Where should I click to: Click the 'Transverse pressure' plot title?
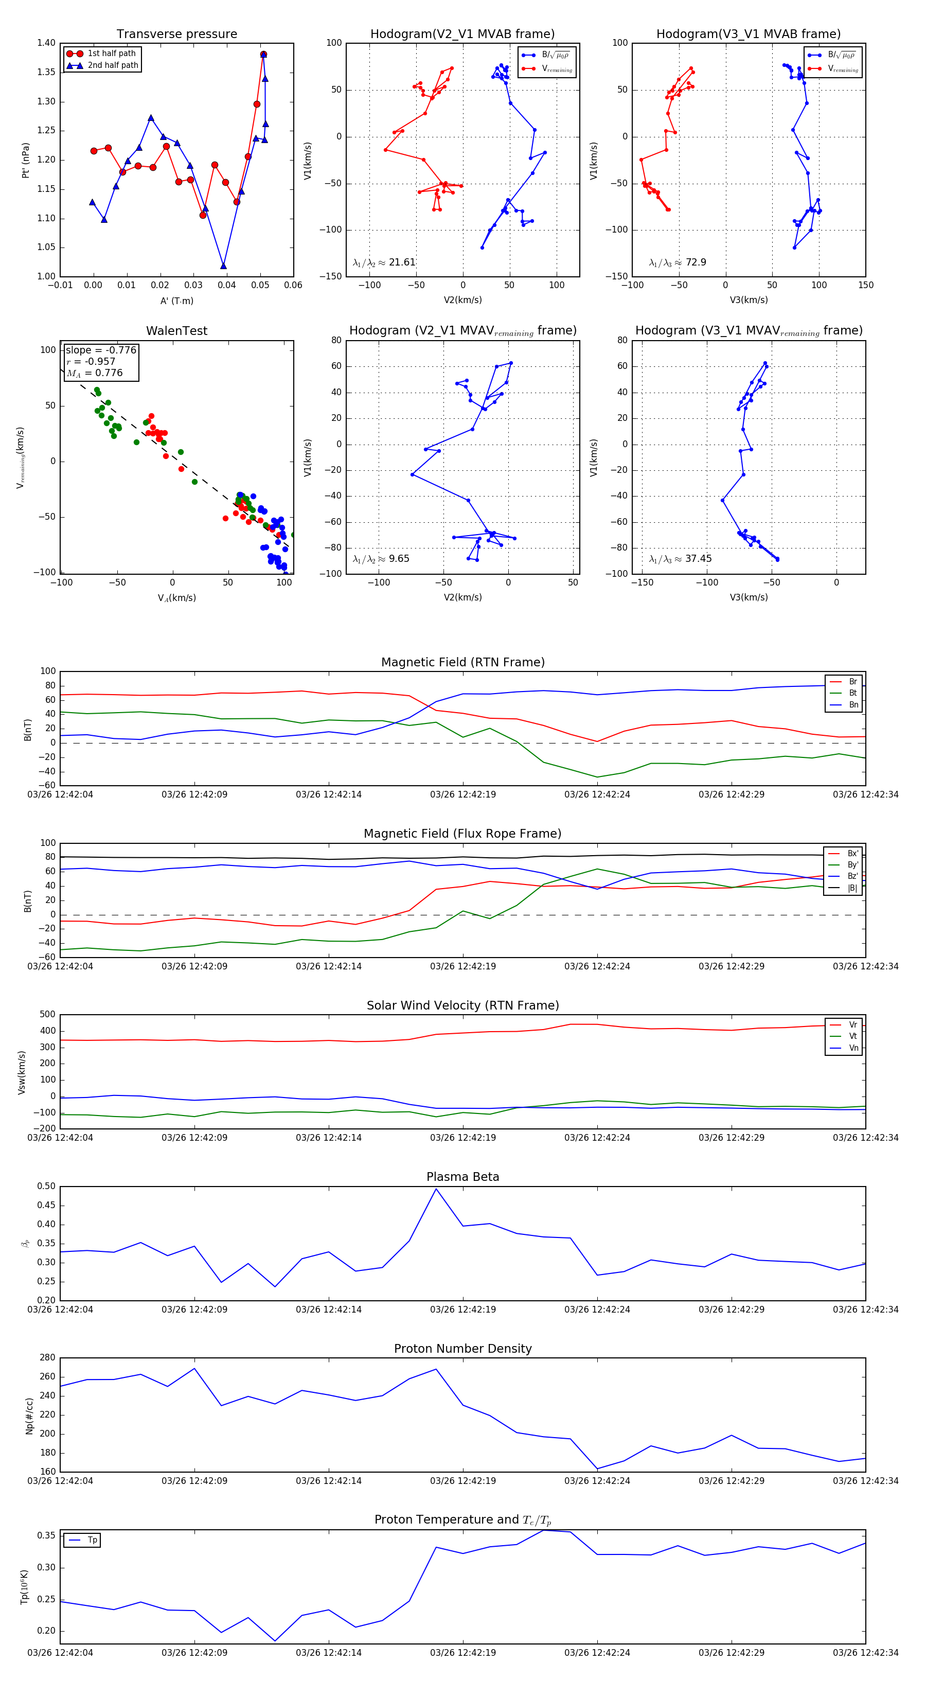coord(176,34)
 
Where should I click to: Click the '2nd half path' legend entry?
coord(113,65)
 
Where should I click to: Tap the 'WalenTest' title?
coord(176,331)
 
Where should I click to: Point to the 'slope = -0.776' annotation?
coord(101,350)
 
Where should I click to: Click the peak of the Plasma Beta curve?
coord(436,1189)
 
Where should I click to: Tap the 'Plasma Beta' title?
coord(462,1177)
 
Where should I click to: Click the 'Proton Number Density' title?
coord(462,1348)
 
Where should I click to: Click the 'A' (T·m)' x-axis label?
coord(176,300)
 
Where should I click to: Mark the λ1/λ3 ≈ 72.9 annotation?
coord(678,262)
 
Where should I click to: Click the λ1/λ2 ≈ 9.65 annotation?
coord(381,559)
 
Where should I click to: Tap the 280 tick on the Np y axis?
coord(47,1357)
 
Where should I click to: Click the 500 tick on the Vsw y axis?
coord(47,1015)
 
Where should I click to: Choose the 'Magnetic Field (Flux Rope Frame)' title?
coord(462,834)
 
